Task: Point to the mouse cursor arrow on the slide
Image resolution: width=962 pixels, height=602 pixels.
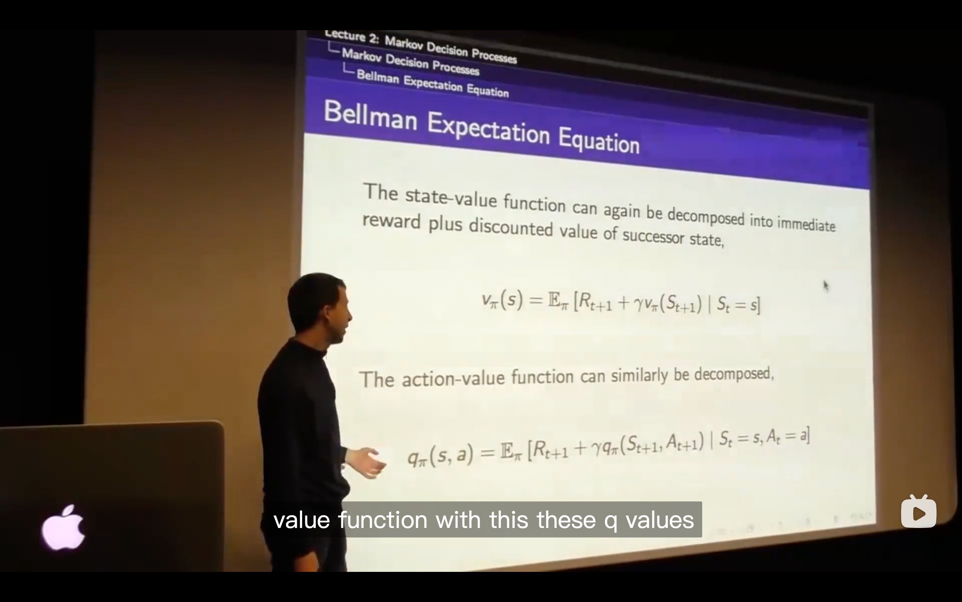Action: click(x=826, y=286)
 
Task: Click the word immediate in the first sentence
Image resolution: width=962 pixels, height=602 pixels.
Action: click(x=806, y=224)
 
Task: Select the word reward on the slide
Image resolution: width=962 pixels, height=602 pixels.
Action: click(x=391, y=221)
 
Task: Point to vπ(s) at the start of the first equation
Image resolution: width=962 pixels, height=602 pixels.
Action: click(x=502, y=300)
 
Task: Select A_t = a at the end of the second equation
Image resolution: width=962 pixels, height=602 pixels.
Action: click(x=786, y=436)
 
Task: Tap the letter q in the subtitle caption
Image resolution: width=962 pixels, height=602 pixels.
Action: click(x=611, y=522)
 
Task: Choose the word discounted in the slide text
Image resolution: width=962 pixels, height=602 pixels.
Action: click(x=511, y=228)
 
